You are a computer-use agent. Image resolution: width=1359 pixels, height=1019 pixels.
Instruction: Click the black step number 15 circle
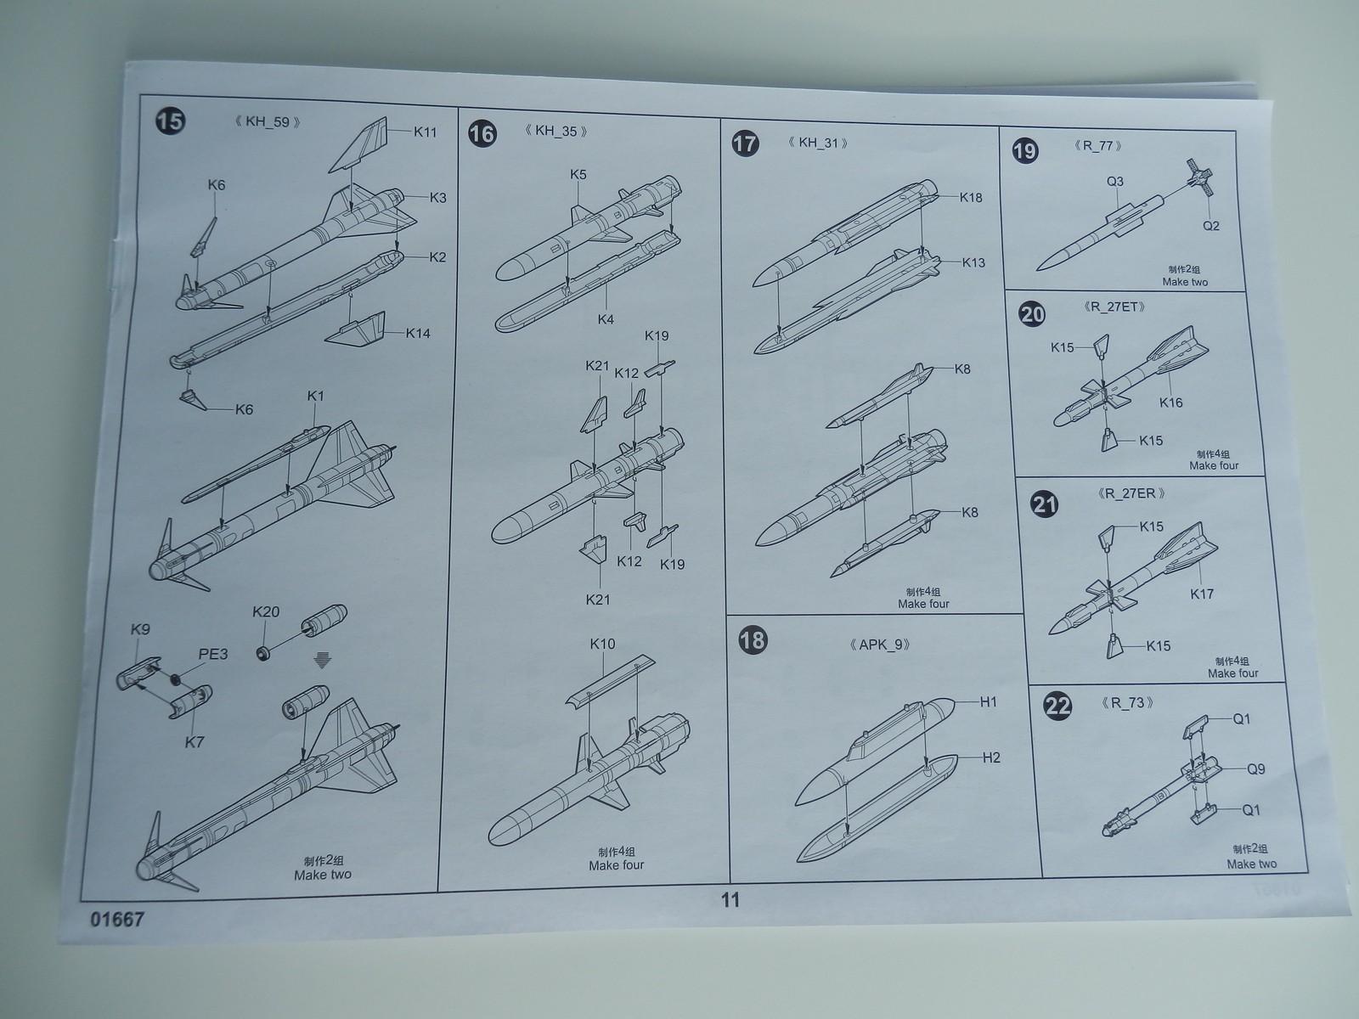point(170,121)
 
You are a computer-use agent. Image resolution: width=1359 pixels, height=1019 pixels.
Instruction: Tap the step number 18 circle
point(753,639)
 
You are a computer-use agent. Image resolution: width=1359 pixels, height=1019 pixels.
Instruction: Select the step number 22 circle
point(1057,706)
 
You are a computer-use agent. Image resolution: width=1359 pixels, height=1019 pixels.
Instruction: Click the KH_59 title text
point(268,122)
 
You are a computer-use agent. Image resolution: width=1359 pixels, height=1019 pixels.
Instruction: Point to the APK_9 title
point(879,645)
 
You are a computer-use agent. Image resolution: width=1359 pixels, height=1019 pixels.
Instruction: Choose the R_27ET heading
point(1114,307)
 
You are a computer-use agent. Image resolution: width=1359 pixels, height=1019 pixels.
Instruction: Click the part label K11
point(426,132)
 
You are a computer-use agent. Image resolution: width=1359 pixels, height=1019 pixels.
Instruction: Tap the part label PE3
point(213,654)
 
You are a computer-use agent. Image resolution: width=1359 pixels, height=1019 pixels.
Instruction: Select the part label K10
point(602,644)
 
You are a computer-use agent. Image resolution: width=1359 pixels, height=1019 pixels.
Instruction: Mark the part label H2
point(991,758)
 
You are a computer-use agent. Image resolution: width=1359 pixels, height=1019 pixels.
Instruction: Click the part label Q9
point(1255,769)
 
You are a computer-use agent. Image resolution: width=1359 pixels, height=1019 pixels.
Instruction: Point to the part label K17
point(1202,594)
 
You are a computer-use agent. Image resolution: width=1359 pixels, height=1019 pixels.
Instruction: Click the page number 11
point(730,899)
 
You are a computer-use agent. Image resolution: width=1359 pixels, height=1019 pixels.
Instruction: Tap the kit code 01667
point(117,920)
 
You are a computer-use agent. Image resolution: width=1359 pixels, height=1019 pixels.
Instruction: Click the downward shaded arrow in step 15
point(322,662)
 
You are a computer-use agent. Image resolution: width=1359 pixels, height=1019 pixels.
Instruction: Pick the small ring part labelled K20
point(263,653)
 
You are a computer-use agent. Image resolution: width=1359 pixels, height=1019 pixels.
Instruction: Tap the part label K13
point(973,263)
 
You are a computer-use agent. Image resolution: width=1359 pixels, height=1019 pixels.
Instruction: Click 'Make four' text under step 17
point(923,604)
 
